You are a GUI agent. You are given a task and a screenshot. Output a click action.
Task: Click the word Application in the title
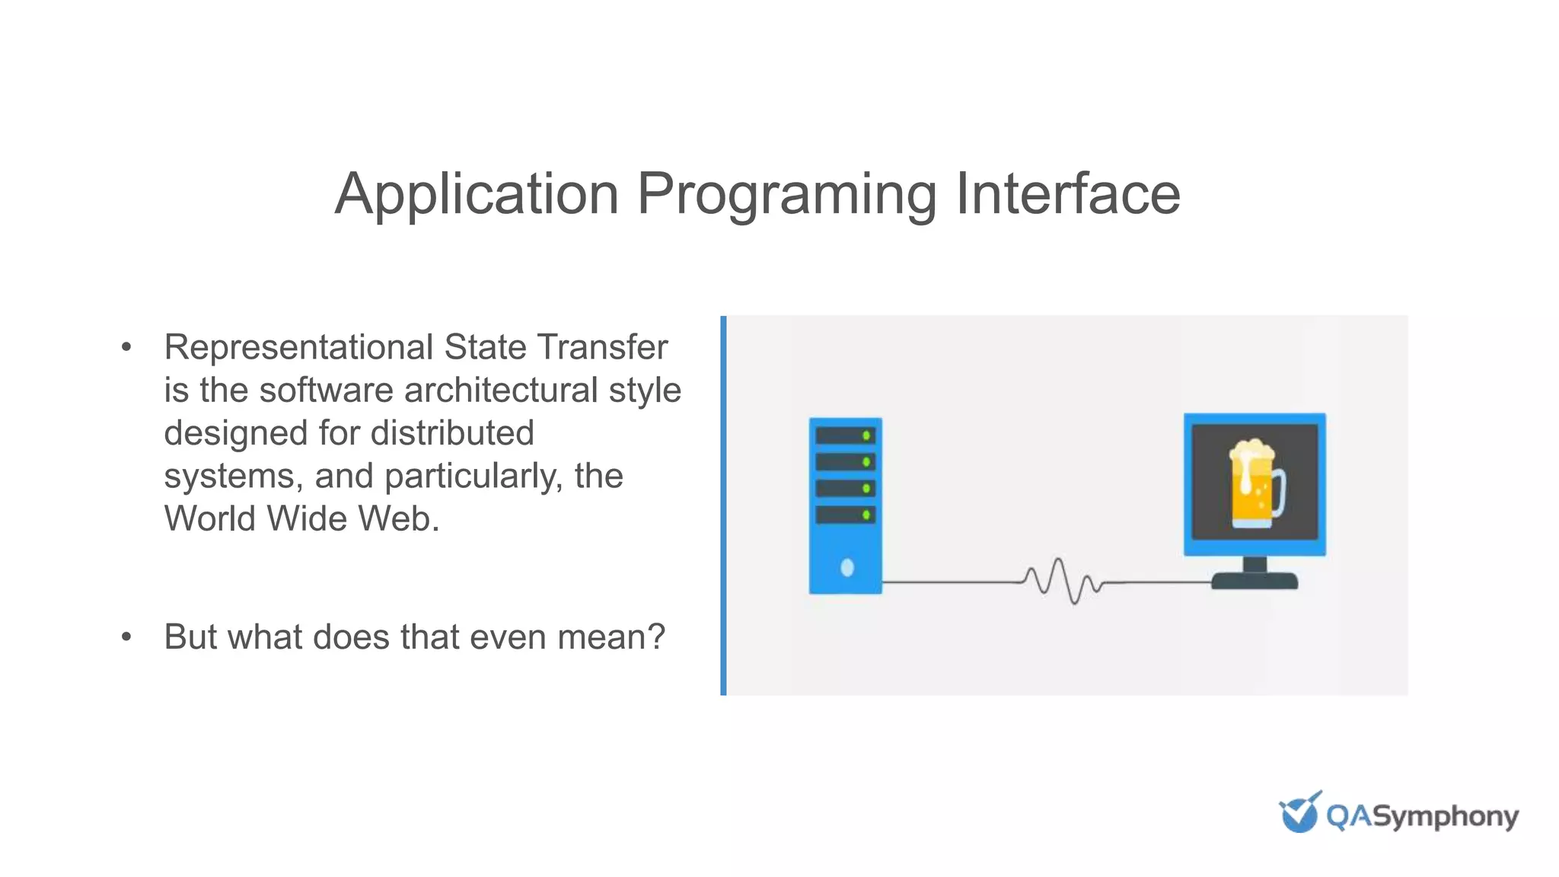pos(477,194)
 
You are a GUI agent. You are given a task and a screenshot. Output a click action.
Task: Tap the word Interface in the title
pos(1067,194)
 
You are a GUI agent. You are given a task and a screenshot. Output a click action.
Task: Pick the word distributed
pos(451,433)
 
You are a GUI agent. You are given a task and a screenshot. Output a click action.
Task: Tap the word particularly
pos(473,477)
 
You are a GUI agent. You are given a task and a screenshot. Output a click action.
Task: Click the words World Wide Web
pos(301,519)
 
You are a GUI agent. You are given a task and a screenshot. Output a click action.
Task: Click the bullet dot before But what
pos(126,637)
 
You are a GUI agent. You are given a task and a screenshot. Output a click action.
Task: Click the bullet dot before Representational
pos(126,348)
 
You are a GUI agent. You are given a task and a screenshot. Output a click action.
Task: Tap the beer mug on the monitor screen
pos(1255,484)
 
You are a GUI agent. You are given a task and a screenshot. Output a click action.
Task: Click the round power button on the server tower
pos(846,567)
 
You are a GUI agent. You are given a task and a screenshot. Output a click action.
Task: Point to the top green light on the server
pos(866,435)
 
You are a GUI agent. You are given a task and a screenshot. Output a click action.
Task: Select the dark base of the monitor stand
pos(1255,581)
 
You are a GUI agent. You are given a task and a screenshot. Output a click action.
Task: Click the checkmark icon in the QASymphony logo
pos(1299,813)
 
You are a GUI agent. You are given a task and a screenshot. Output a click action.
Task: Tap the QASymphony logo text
pos(1422,817)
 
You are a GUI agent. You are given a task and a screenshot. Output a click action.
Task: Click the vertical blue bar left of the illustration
pos(723,505)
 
